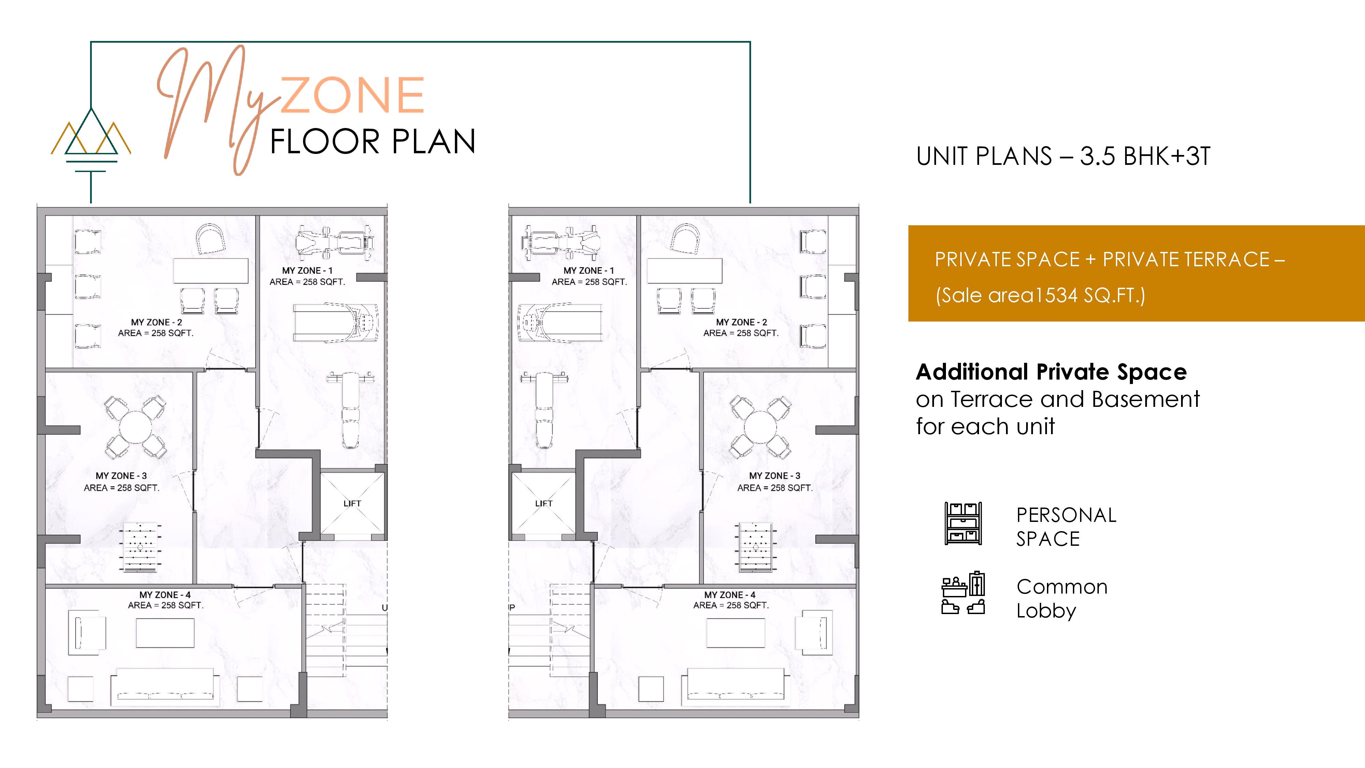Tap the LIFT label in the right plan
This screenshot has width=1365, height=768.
tap(544, 503)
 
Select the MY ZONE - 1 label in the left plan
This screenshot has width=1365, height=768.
tap(307, 271)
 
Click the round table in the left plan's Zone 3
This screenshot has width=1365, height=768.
tap(136, 427)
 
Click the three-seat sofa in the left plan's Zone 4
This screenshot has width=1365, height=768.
tap(165, 686)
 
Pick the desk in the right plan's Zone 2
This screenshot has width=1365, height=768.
tap(685, 271)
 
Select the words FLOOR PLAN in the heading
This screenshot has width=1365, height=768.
tap(373, 142)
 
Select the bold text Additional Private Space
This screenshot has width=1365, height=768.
tap(1051, 372)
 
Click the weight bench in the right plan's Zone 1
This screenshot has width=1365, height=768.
tap(544, 410)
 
